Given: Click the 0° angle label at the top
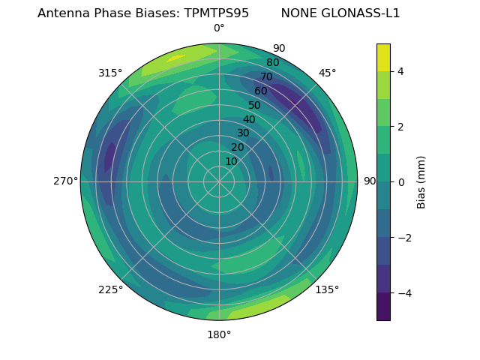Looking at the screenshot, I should (219, 28).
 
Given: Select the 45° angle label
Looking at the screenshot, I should (327, 73).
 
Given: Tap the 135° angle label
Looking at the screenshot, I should (327, 290).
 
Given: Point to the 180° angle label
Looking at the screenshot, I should (219, 334).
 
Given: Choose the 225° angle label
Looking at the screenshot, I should (110, 290).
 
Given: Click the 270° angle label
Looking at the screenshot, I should (66, 181).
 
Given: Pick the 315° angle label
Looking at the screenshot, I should (110, 73).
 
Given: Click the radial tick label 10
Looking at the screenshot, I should (231, 161).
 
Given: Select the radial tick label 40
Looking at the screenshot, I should (249, 120).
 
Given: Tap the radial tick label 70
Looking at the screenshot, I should (266, 77).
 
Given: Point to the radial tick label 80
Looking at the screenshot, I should (272, 63).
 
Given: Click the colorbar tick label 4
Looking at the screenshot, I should (401, 71).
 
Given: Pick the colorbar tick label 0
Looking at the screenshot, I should (401, 182).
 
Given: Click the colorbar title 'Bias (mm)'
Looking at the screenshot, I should (421, 182).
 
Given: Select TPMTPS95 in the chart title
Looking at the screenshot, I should (217, 13).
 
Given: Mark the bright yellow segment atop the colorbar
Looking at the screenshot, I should (383, 58).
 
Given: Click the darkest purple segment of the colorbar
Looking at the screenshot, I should (383, 307).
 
